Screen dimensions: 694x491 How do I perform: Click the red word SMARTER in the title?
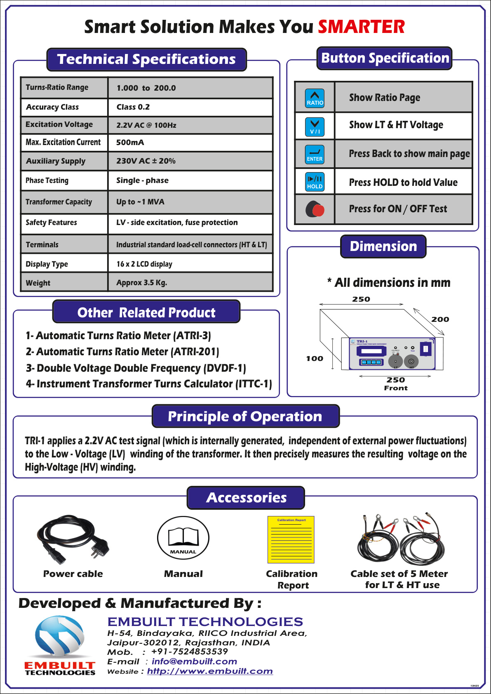point(361,27)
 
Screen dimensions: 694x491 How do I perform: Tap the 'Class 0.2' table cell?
point(133,107)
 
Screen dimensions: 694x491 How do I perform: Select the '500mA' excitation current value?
point(130,143)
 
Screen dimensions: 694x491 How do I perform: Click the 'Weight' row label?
point(38,283)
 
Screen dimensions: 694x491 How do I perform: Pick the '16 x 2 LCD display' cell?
point(144,264)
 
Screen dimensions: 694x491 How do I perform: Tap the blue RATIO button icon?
point(315,98)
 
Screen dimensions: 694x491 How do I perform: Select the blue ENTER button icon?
point(315,155)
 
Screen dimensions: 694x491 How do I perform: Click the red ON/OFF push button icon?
point(315,209)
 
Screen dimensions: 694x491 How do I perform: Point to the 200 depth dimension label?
point(440,319)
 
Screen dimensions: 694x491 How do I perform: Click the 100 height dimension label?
point(315,359)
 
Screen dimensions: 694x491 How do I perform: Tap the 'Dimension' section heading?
point(383,246)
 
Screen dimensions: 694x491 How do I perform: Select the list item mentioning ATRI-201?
point(122,352)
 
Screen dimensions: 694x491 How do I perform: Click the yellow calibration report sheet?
point(291,540)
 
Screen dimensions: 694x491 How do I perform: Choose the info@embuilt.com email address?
point(194,661)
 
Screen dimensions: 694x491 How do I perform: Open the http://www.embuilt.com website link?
point(210,671)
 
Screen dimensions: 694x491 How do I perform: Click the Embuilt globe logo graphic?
point(60,636)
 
